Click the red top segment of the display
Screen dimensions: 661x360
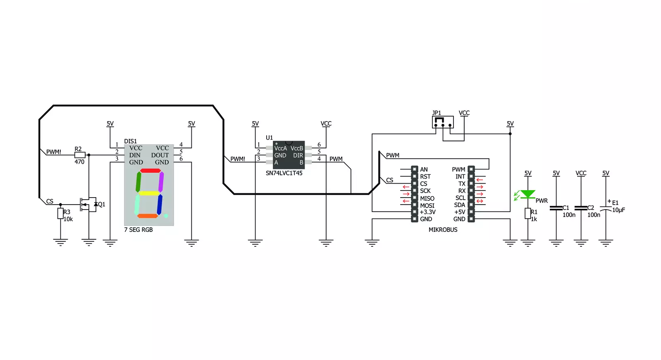point(150,171)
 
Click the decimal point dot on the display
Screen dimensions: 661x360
point(166,216)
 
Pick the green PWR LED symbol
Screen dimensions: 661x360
point(527,194)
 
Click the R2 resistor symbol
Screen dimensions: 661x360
point(80,155)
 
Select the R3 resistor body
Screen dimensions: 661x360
point(60,213)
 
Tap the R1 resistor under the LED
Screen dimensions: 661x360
point(527,213)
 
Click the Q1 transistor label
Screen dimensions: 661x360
point(102,204)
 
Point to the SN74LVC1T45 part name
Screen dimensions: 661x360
point(284,173)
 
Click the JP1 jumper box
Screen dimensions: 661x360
point(443,122)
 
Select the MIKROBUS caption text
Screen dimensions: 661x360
point(443,229)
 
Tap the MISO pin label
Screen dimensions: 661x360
point(427,198)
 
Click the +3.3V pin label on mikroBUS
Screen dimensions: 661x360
point(427,212)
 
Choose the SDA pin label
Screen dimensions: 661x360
point(459,205)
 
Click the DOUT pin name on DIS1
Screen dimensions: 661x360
point(160,155)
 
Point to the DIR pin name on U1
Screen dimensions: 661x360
point(298,155)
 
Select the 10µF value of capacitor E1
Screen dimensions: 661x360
point(618,210)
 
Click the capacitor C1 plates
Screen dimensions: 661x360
point(556,208)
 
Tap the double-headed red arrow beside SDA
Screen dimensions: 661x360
point(480,201)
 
